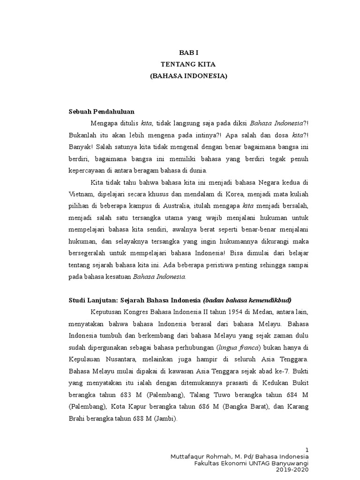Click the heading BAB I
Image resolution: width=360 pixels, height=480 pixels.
point(188,53)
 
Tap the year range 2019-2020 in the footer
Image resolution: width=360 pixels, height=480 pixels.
point(292,469)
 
